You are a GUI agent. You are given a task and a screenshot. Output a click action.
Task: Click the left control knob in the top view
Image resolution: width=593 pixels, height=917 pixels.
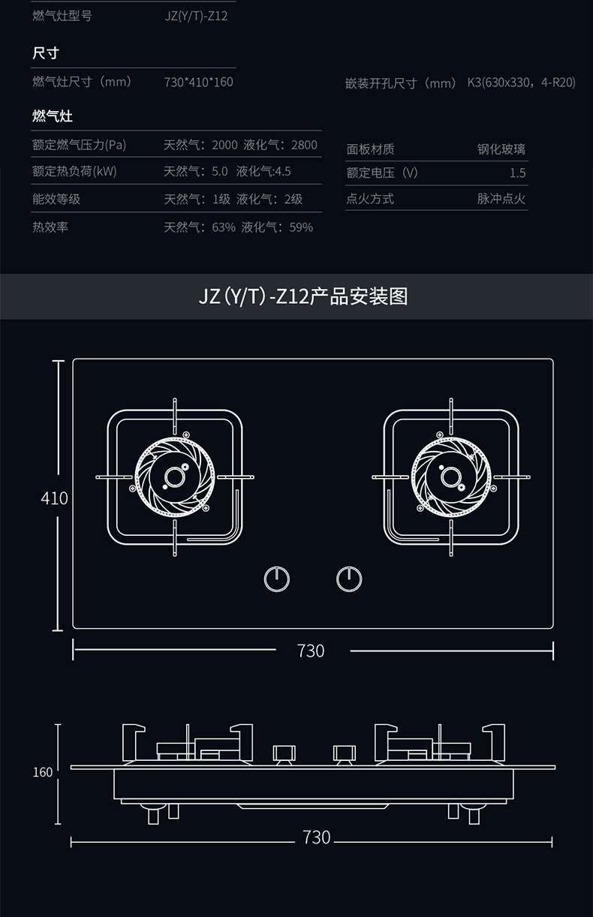277,579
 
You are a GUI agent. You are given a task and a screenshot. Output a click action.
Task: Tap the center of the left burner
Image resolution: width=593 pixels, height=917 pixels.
175,477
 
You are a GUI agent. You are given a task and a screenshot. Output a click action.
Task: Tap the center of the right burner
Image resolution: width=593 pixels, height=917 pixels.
450,477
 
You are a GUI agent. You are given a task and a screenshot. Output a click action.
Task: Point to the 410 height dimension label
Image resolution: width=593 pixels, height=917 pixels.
54,498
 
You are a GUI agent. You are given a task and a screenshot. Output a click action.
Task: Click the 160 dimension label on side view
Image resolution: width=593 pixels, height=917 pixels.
43,772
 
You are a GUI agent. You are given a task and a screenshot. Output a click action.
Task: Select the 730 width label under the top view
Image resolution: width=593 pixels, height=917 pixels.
310,651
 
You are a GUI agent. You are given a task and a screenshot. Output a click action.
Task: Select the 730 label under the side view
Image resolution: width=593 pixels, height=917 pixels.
316,837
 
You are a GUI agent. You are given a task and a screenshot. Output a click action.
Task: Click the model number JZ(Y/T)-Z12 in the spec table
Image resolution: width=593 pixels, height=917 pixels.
196,16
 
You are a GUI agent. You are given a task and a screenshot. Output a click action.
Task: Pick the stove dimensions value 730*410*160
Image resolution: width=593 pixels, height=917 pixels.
198,82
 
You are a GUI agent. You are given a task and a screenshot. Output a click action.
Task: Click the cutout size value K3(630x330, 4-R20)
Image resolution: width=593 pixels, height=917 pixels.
521,83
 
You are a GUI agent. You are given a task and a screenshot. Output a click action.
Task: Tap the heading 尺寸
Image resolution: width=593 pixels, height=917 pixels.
46,53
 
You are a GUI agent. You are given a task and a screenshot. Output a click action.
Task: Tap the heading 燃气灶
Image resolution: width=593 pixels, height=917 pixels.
53,116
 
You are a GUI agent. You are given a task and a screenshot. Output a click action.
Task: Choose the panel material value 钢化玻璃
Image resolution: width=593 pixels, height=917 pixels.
501,149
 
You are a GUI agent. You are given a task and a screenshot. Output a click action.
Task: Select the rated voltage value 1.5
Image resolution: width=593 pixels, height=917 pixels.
517,173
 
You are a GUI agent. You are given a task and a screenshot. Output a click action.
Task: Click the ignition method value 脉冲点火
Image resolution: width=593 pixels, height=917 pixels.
501,199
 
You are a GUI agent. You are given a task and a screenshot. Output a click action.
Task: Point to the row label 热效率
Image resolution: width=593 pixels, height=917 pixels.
50,227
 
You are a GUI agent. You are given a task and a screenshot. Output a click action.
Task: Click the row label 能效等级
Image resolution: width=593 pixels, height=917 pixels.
56,199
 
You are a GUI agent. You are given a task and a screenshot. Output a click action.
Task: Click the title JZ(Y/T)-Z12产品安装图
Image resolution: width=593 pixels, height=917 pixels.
303,296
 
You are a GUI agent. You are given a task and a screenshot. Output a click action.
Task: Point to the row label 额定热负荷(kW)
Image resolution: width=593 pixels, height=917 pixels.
74,171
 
